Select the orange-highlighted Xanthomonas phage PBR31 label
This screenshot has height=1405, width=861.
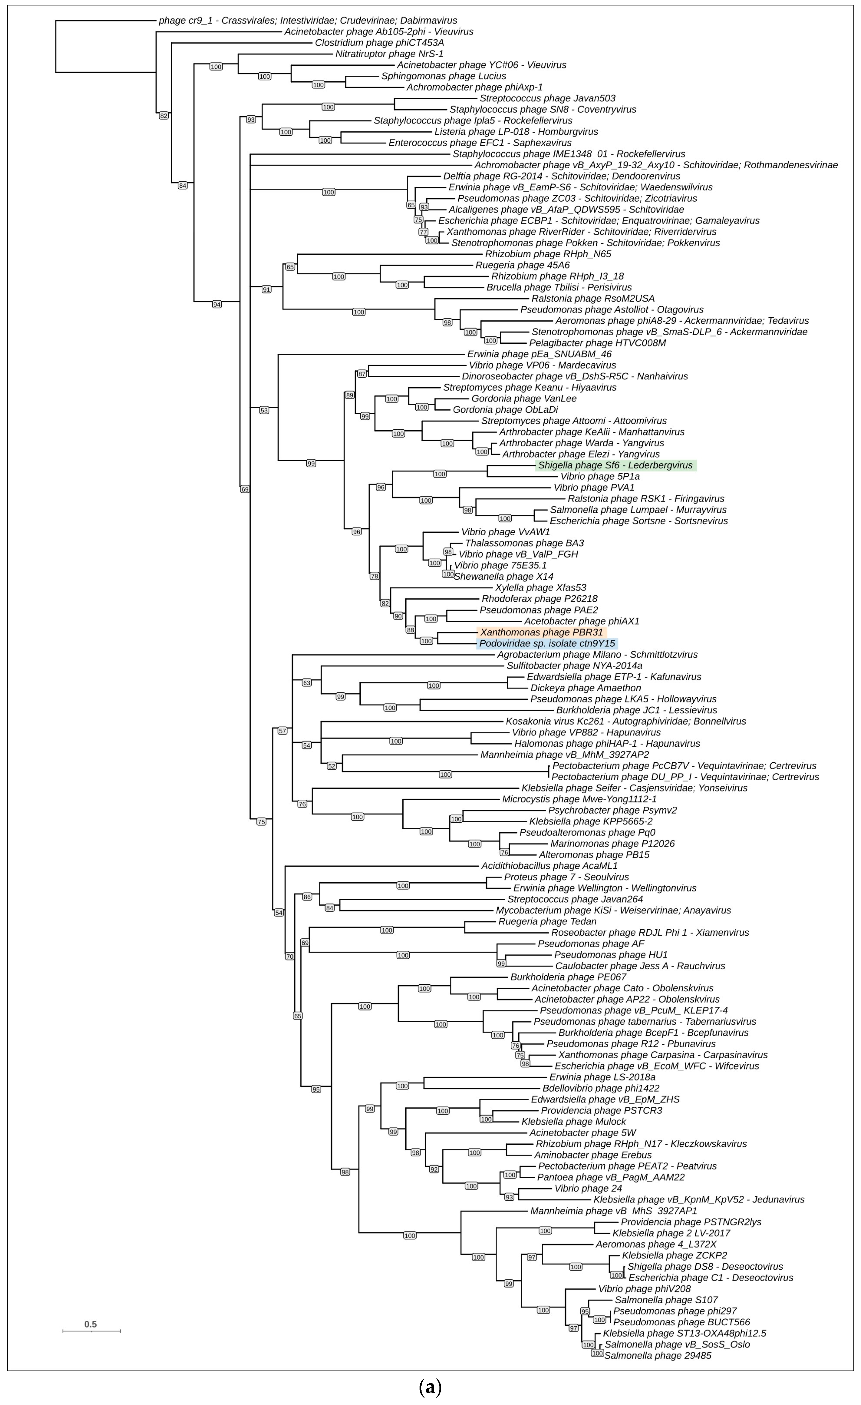coord(541,632)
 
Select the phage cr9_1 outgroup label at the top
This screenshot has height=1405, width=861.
coord(308,20)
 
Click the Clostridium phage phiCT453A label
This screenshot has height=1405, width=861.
coord(380,43)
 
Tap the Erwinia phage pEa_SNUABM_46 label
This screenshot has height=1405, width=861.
coord(539,354)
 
